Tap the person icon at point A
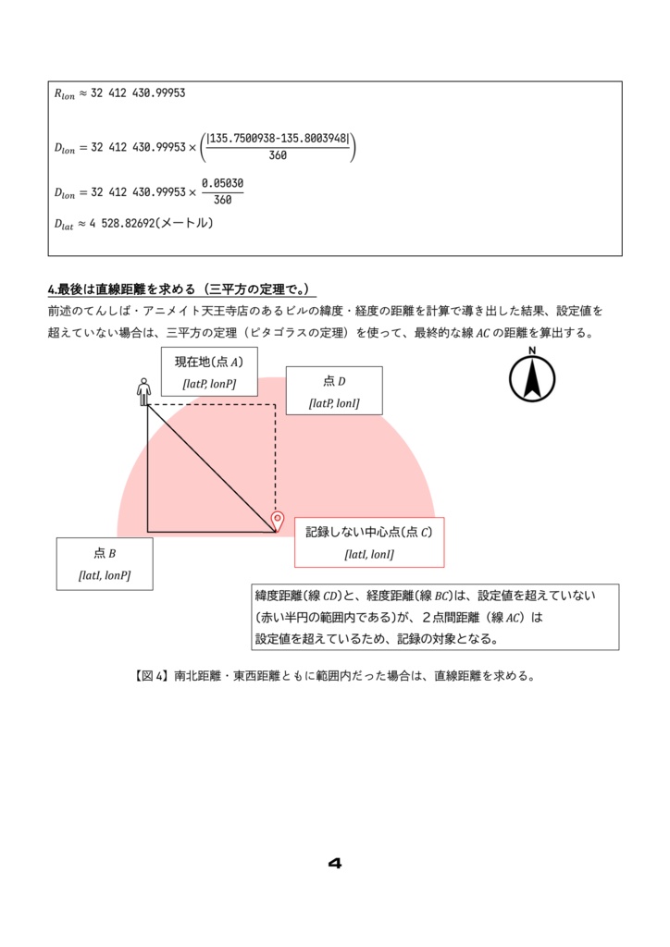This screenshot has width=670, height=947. pos(143,391)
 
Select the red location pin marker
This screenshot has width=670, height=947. pos(276,521)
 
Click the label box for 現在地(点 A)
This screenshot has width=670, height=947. pos(209,372)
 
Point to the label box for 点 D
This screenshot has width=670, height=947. pos(334,390)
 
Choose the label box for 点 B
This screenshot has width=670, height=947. pos(105,563)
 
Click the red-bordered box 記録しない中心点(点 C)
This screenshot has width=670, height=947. pos(369,542)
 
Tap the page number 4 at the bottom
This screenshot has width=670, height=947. pos(335,864)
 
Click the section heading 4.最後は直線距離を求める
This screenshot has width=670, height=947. pos(181,289)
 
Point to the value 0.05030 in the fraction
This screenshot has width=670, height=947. pos(222,183)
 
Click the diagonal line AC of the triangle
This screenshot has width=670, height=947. pos(211,468)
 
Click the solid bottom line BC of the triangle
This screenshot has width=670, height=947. pos(211,532)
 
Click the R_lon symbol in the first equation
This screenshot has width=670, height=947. pos(68,93)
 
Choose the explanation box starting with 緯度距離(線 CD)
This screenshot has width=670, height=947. pos(435,617)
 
